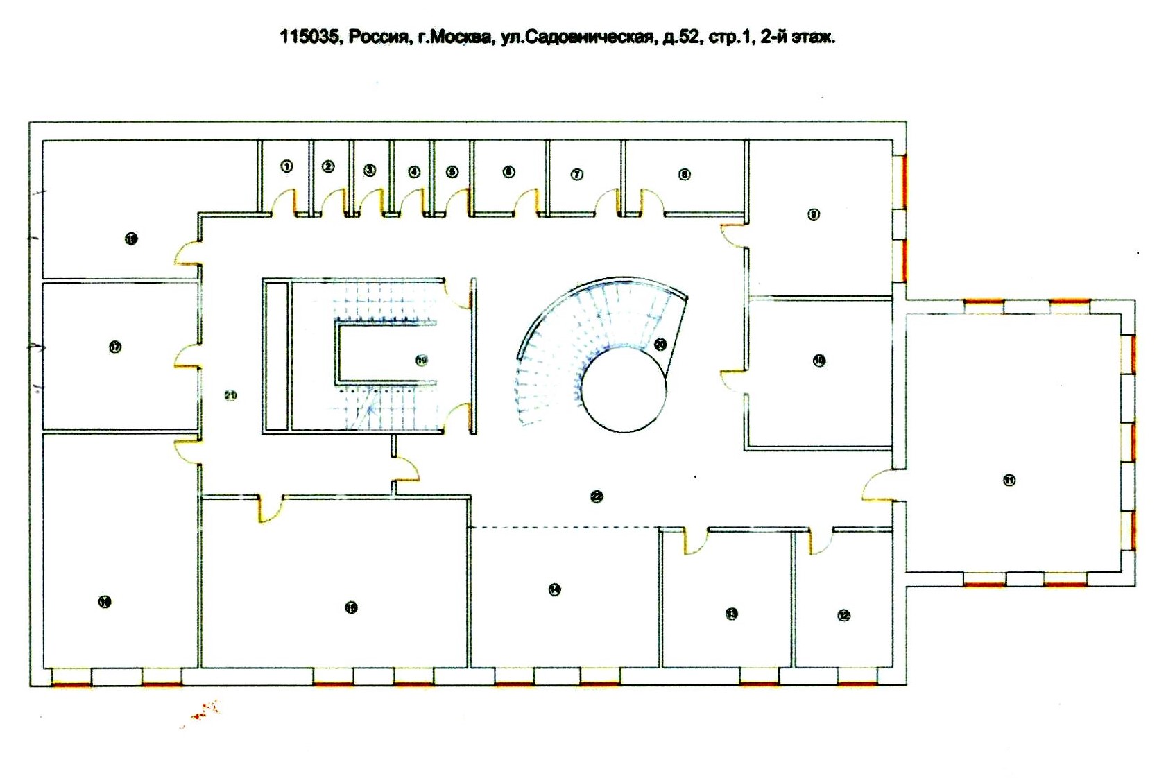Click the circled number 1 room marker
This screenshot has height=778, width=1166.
[x=286, y=166]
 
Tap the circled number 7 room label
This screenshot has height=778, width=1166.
[x=577, y=174]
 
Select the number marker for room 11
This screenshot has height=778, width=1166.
[x=1009, y=480]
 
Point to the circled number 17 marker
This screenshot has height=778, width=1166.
[x=115, y=347]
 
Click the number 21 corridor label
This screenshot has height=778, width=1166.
[x=230, y=395]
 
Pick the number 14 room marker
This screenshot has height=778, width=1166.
[x=554, y=589]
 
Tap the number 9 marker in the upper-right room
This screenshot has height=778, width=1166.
[x=814, y=214]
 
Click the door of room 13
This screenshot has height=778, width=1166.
[x=696, y=542]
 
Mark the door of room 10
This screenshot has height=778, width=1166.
[x=733, y=381]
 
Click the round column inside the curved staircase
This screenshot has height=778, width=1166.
[x=624, y=390]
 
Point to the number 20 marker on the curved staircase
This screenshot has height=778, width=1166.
[x=660, y=344]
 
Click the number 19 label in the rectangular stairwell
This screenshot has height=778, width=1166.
[x=421, y=360]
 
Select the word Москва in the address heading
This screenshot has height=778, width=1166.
[x=454, y=37]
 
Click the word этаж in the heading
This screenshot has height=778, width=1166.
[x=813, y=37]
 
